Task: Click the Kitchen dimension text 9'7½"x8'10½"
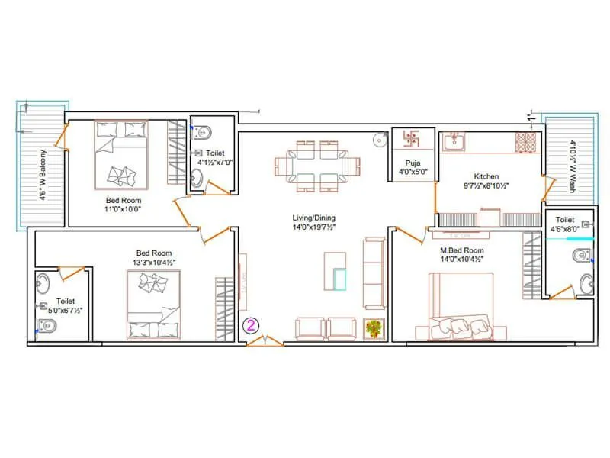coord(486,185)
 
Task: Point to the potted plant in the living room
coord(374,327)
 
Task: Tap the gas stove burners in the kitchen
coord(525,141)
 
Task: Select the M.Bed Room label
coord(461,250)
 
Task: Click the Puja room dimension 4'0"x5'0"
coord(413,172)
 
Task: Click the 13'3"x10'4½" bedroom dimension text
coord(154,263)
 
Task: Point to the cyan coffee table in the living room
coord(339,280)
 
